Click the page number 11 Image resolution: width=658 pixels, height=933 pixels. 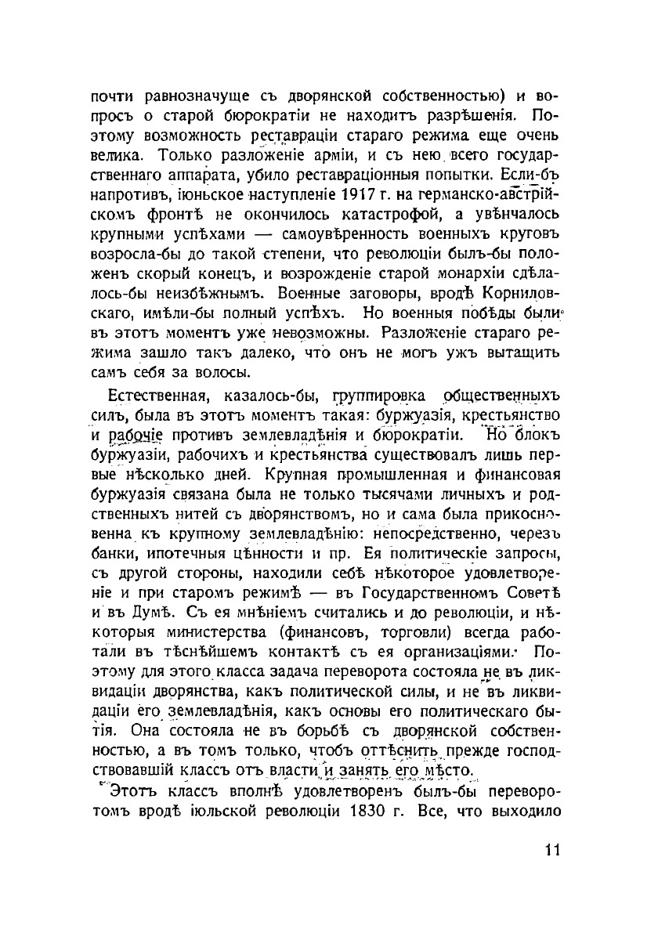tap(551, 852)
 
